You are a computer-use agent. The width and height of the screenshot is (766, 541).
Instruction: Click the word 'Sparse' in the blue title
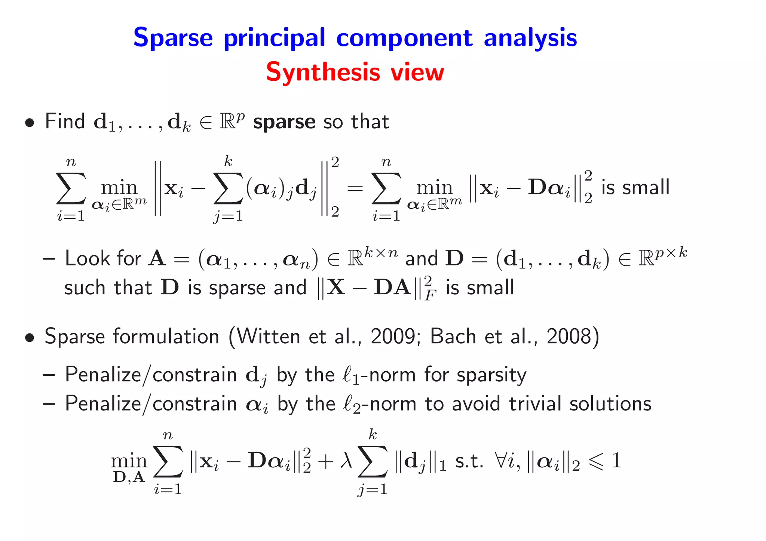(x=173, y=38)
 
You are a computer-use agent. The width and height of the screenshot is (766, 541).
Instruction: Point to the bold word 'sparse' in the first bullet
(x=284, y=122)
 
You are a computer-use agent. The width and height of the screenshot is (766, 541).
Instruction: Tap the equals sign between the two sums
(x=355, y=188)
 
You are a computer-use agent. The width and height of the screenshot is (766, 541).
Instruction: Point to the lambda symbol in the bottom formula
(x=346, y=460)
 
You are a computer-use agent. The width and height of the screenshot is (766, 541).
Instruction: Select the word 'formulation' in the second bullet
(x=166, y=336)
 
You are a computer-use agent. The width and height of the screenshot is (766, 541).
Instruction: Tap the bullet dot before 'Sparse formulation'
(x=30, y=338)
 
